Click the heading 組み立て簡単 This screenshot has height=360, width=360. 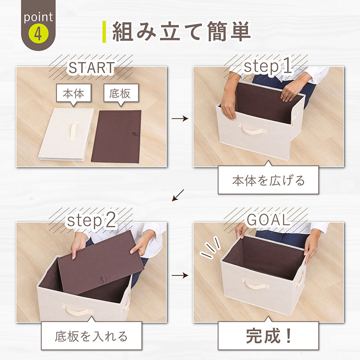tap(181, 31)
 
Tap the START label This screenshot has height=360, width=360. tap(91, 67)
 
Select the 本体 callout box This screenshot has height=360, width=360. tap(74, 94)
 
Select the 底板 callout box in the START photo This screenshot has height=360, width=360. tap(121, 94)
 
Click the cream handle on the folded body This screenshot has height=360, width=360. tap(73, 131)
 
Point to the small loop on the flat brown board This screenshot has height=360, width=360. tap(135, 133)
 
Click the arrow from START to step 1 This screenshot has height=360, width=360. tap(180, 118)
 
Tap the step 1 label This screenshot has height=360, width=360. tap(268, 66)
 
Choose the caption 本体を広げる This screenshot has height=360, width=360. tap(268, 180)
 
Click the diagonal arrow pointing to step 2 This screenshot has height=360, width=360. tap(178, 195)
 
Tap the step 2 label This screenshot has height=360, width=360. tap(91, 221)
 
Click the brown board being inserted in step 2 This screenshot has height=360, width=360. tap(101, 262)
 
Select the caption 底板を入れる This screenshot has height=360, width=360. tap(91, 336)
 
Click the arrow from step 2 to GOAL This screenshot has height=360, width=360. tap(180, 275)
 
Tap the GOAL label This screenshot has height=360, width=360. tap(268, 220)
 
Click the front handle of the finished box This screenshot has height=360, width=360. tap(255, 284)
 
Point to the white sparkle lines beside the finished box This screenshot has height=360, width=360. tap(211, 248)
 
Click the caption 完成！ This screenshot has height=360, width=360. tap(269, 336)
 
